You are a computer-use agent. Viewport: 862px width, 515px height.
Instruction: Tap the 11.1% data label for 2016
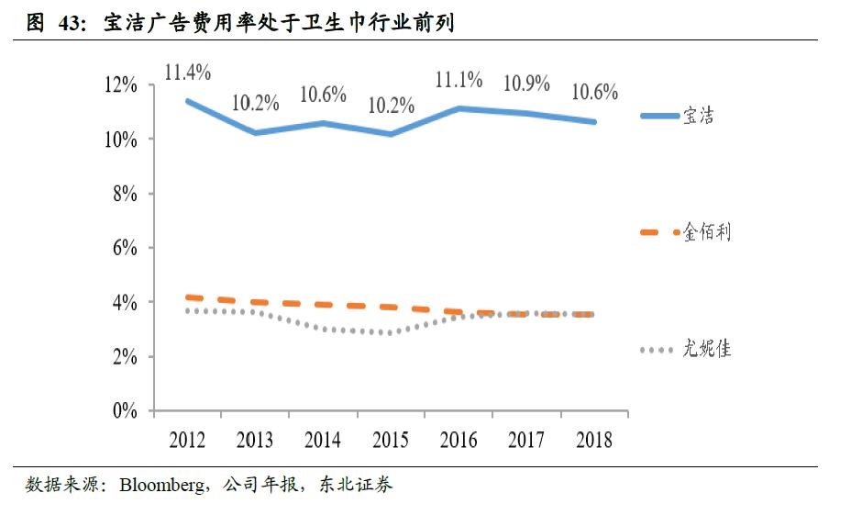pos(459,80)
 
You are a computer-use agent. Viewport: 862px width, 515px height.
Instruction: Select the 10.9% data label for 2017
pos(526,83)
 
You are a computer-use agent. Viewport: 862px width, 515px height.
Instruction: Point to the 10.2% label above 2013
pos(255,102)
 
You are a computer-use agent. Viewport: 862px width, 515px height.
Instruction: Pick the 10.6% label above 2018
pos(594,92)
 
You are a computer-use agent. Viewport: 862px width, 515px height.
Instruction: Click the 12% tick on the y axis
pos(120,85)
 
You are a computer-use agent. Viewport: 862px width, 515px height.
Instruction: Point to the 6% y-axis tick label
pos(125,248)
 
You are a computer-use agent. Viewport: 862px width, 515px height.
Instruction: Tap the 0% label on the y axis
pos(125,411)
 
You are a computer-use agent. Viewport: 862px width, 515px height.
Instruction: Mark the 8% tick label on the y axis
pos(125,194)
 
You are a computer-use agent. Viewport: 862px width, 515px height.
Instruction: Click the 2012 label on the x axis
pos(187,441)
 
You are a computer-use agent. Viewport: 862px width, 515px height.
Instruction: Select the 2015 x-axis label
pos(391,441)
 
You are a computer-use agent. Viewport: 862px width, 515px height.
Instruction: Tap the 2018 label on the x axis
pos(594,441)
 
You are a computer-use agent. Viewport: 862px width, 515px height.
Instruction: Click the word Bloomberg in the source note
pos(161,485)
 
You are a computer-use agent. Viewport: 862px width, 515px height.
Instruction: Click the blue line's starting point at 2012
pos(187,101)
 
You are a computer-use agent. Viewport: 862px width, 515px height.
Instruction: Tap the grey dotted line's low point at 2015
pos(391,332)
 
